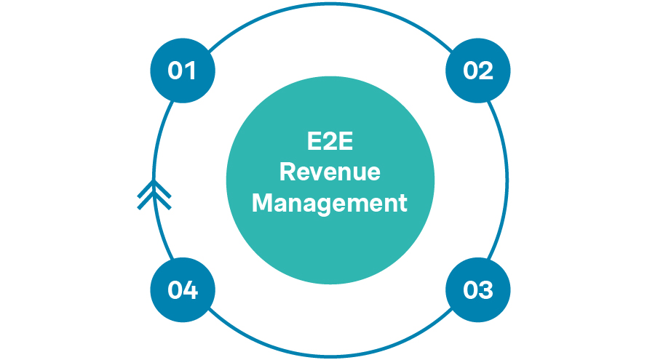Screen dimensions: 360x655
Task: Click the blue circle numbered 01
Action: [x=183, y=71]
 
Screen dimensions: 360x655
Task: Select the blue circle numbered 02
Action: [x=478, y=71]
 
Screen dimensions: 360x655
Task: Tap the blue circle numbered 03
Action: [x=478, y=290]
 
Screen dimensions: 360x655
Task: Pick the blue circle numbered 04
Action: [x=183, y=290]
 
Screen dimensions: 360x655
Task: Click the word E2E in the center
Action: [x=330, y=141]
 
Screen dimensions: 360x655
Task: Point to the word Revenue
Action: [x=330, y=172]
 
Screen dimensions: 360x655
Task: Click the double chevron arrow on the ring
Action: [x=154, y=194]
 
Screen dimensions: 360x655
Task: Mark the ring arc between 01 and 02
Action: [x=330, y=6]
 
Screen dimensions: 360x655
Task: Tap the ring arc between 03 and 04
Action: [x=330, y=356]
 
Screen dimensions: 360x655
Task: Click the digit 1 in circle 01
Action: [x=192, y=71]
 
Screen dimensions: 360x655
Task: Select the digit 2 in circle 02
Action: [x=486, y=71]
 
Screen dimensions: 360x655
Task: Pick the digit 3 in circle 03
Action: [x=486, y=290]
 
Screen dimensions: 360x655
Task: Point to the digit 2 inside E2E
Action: [x=330, y=141]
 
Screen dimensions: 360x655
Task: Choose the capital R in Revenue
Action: [x=287, y=172]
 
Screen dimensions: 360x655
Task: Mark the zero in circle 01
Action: [x=175, y=71]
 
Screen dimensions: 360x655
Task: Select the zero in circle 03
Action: [x=470, y=290]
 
